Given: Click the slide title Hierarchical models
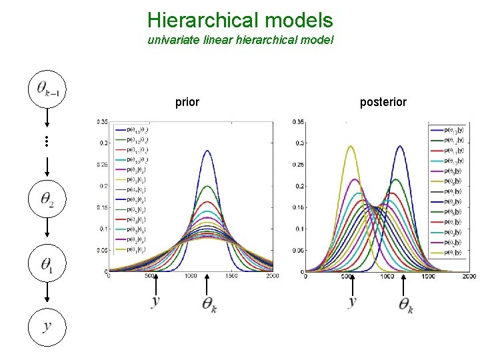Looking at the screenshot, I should tap(239, 19).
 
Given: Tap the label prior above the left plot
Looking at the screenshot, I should tap(187, 103).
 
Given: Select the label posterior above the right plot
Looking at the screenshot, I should tap(383, 103).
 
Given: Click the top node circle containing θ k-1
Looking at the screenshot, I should tap(48, 89).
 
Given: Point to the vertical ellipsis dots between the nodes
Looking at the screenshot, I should tap(48, 141).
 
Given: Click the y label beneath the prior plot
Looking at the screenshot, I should tap(156, 302).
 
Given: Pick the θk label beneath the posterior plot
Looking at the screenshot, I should tap(405, 305).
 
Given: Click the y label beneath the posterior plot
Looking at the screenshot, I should tap(352, 302).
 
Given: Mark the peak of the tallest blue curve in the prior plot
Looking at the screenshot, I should tap(207, 151).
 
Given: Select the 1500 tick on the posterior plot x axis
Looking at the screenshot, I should tap(427, 275).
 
